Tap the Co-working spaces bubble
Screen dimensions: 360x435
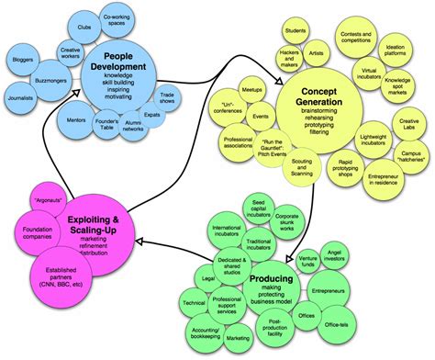coord(115,21)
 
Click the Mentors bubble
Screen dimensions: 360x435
coord(78,119)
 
